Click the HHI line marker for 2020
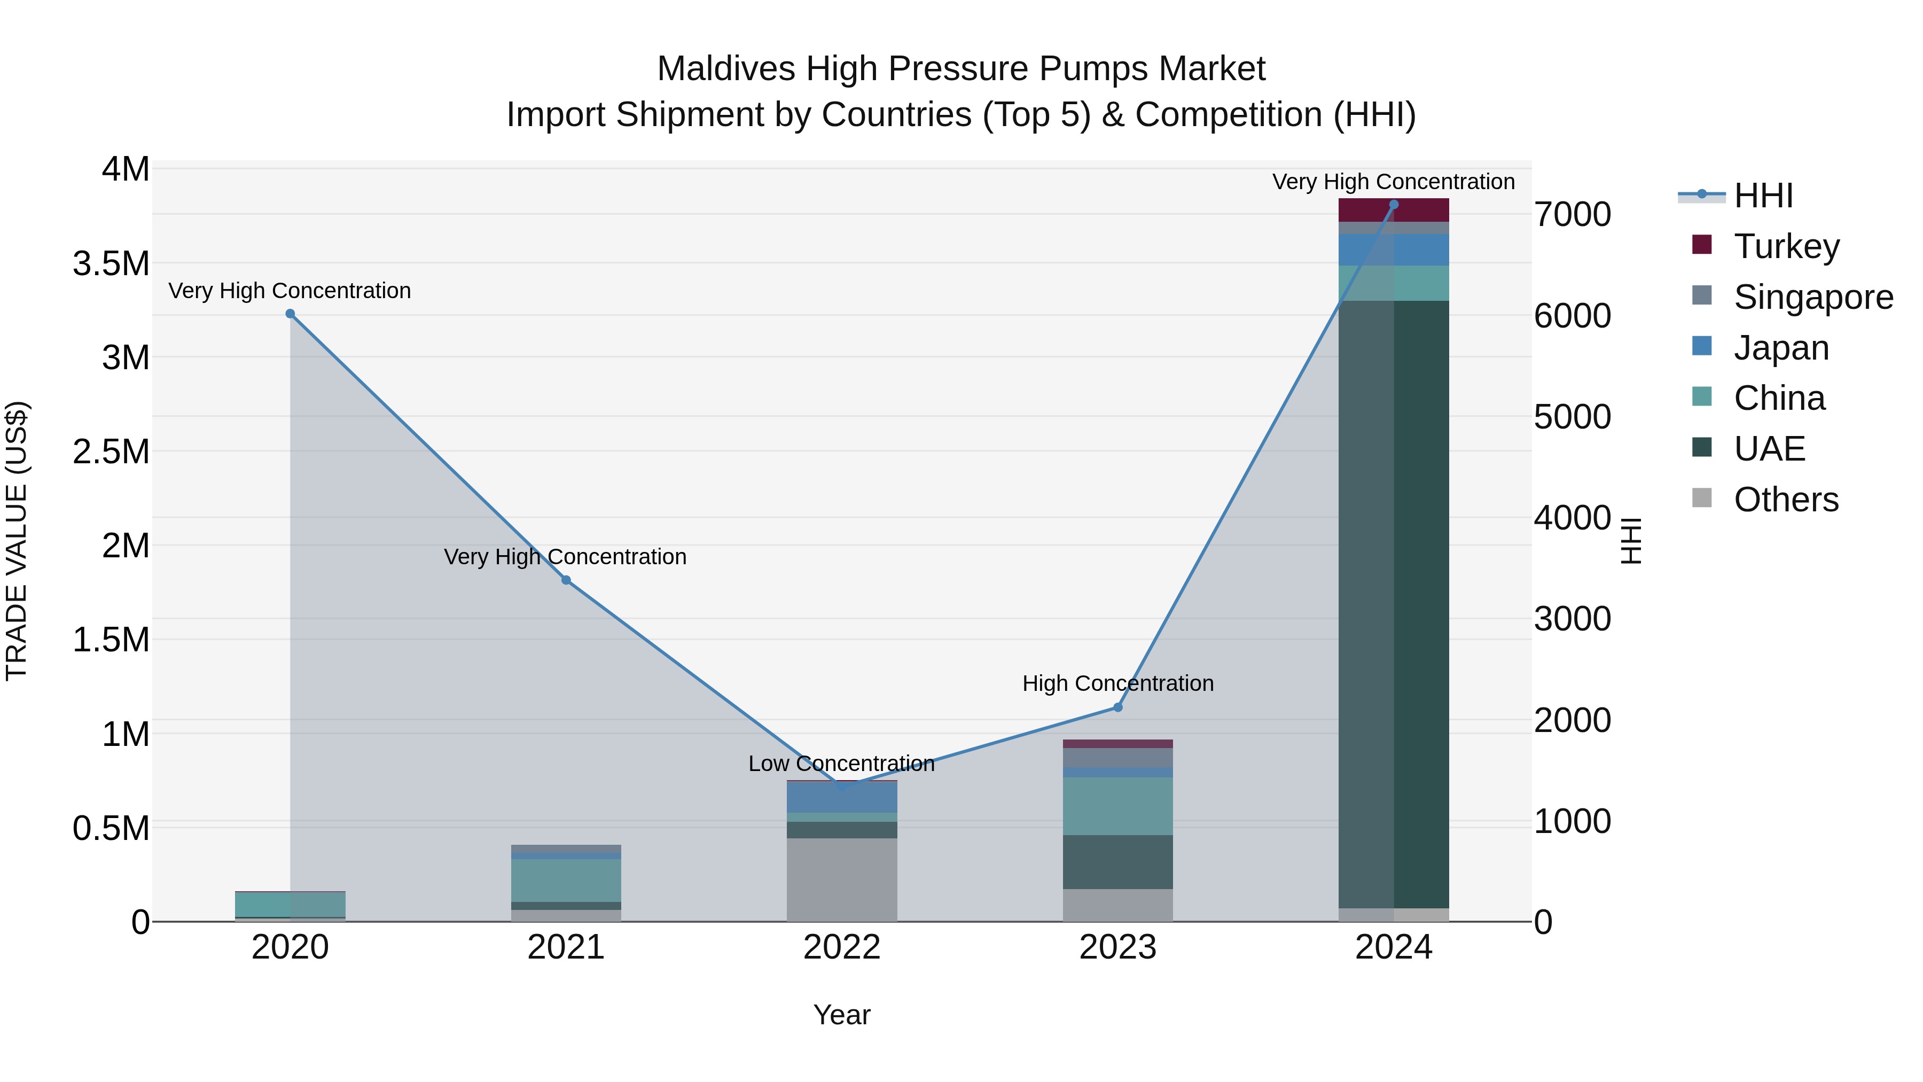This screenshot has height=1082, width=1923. pos(291,314)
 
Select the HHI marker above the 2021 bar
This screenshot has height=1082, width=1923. pos(566,580)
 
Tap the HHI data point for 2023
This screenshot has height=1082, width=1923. pos(1117,707)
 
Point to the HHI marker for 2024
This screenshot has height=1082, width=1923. pos(1393,205)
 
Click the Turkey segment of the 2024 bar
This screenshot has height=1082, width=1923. pos(1393,211)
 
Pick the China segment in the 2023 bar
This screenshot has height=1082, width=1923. pos(1117,806)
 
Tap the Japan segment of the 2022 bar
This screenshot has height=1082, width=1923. pos(841,798)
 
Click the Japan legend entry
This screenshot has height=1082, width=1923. pos(1781,347)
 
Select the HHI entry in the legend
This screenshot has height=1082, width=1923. pos(1763,196)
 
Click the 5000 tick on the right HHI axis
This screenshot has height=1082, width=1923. pos(1572,417)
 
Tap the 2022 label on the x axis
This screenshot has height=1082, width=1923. pos(841,947)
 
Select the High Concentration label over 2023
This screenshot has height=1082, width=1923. pos(1117,683)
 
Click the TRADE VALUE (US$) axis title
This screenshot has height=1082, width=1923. pos(17,541)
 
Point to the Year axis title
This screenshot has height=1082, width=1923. pos(841,1015)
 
